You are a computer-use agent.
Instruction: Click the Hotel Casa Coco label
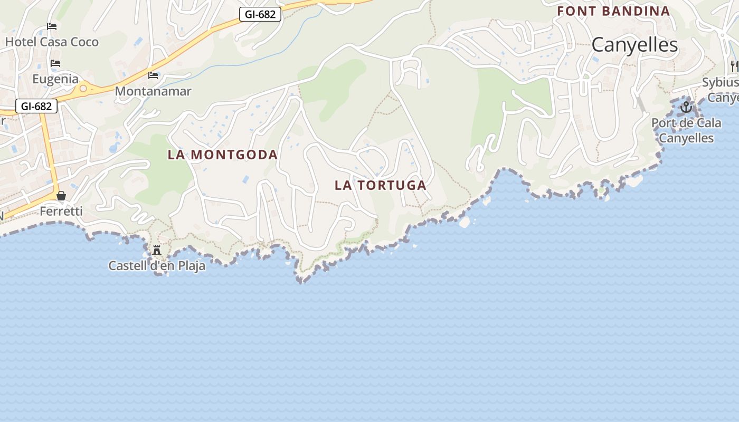[x=52, y=42]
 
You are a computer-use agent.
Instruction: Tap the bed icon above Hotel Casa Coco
[x=52, y=26]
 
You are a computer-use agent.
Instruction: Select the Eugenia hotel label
[x=55, y=79]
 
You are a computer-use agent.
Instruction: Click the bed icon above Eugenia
[x=55, y=64]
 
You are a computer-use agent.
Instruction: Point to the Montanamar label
[x=153, y=91]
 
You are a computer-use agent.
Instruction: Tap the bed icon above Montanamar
[x=153, y=75]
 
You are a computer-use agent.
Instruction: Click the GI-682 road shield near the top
[x=260, y=14]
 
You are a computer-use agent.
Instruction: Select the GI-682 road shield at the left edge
[x=36, y=106]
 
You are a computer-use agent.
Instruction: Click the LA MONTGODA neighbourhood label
[x=222, y=155]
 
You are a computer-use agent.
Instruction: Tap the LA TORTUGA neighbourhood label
[x=380, y=185]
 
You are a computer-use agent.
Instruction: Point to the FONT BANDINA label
[x=613, y=11]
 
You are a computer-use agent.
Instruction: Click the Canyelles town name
[x=634, y=45]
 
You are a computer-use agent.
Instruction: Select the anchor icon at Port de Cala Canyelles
[x=686, y=108]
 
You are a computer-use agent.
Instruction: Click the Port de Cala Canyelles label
[x=686, y=130]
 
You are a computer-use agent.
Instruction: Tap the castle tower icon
[x=157, y=250]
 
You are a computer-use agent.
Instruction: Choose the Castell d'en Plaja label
[x=157, y=266]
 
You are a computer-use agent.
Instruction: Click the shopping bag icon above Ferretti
[x=61, y=196]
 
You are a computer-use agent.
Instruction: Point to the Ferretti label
[x=61, y=211]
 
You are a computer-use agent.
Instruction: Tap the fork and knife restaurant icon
[x=734, y=66]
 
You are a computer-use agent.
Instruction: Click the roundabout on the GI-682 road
[x=83, y=89]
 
